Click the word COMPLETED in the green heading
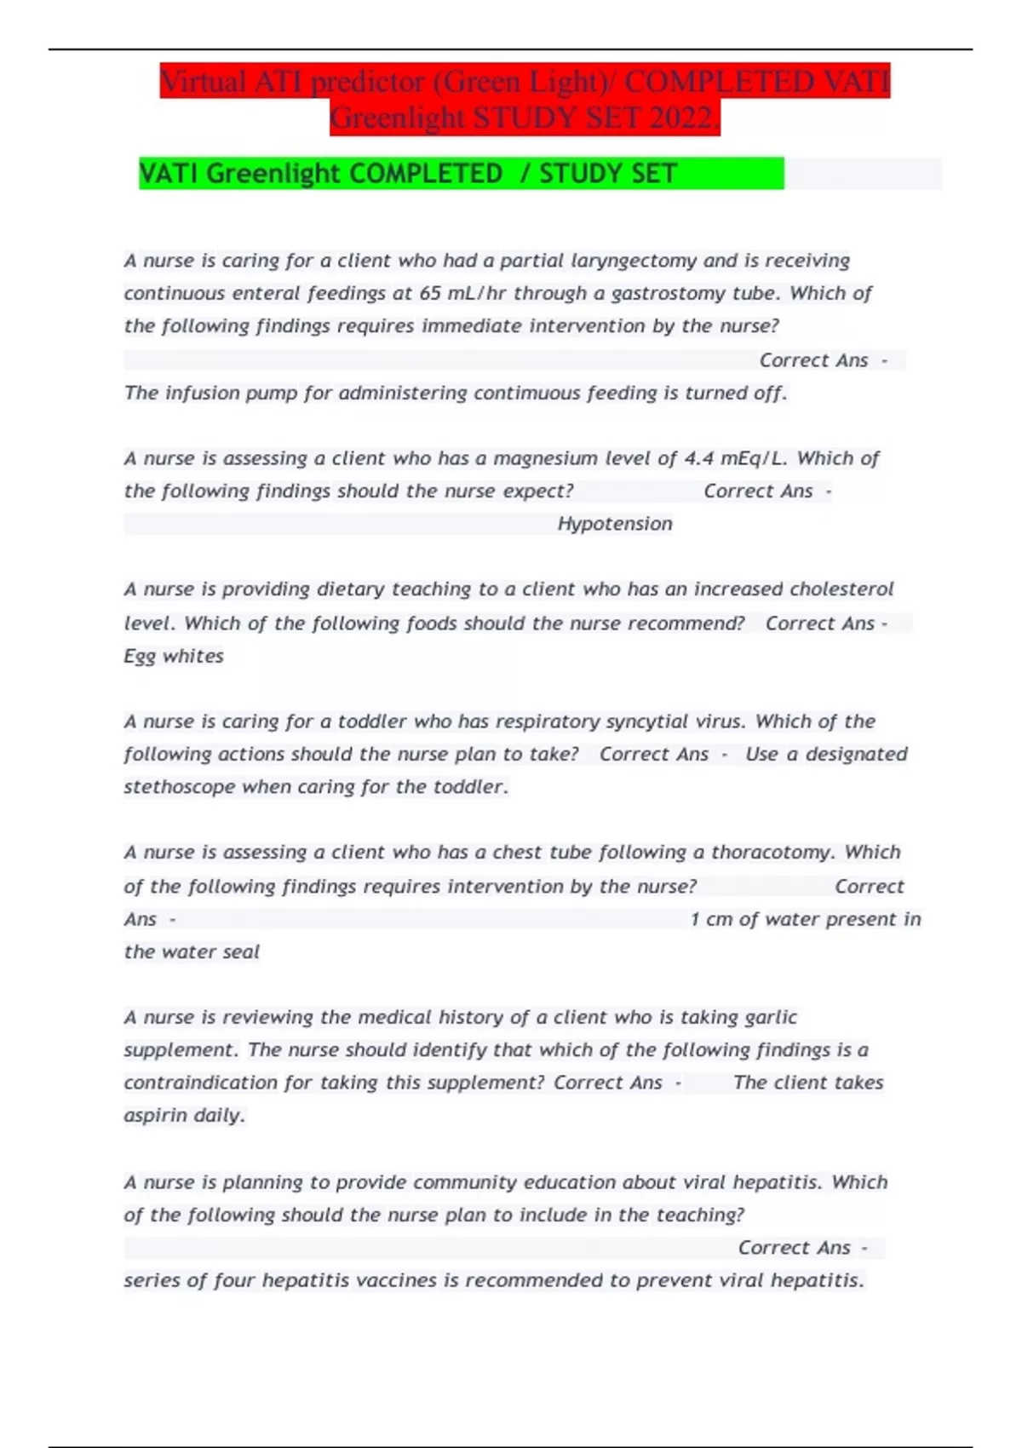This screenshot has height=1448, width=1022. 426,174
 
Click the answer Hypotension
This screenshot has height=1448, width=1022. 615,524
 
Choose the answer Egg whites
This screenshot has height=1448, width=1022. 174,656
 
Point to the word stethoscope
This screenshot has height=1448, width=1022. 179,787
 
